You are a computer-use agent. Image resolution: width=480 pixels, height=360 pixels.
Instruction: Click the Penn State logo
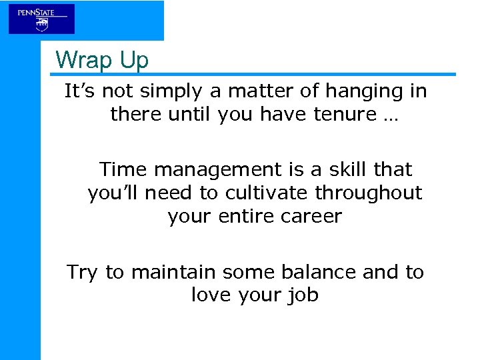(41, 19)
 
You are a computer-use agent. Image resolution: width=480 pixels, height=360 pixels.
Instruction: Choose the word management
(215, 171)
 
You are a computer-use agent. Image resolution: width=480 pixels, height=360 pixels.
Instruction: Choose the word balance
(325, 271)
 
